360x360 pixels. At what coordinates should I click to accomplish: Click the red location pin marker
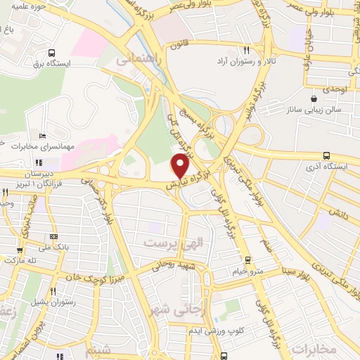tap(181, 166)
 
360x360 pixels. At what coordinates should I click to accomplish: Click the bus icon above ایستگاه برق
tap(51, 53)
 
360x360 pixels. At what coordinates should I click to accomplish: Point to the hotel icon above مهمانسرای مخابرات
tap(43, 136)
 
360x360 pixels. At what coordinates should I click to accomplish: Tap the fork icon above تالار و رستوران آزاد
tap(247, 51)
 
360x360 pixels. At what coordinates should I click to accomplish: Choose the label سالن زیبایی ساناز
tap(313, 110)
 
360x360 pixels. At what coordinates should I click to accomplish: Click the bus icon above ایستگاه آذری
tap(326, 156)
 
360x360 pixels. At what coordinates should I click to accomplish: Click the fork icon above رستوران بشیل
tap(53, 290)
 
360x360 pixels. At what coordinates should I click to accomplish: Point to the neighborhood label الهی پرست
tap(173, 243)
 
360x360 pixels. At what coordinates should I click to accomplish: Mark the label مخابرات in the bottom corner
tap(314, 349)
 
